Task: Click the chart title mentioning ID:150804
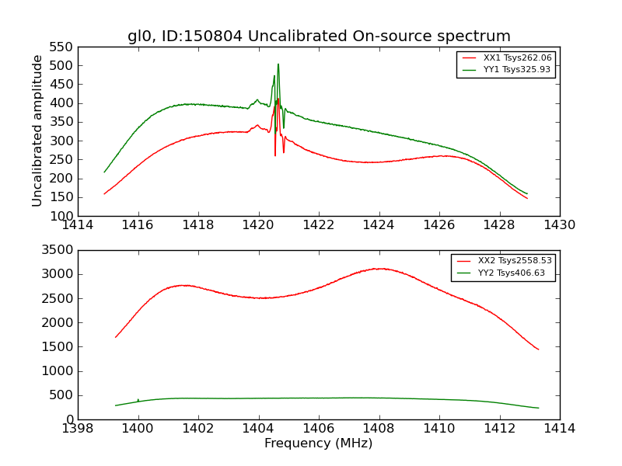coord(319,37)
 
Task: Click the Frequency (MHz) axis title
coord(318,443)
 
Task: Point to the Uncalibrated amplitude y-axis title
coord(37,130)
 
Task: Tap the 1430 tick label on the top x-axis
coord(559,225)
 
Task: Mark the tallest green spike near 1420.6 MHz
coord(278,65)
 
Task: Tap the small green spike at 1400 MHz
coord(138,399)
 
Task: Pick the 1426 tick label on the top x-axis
coord(439,225)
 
